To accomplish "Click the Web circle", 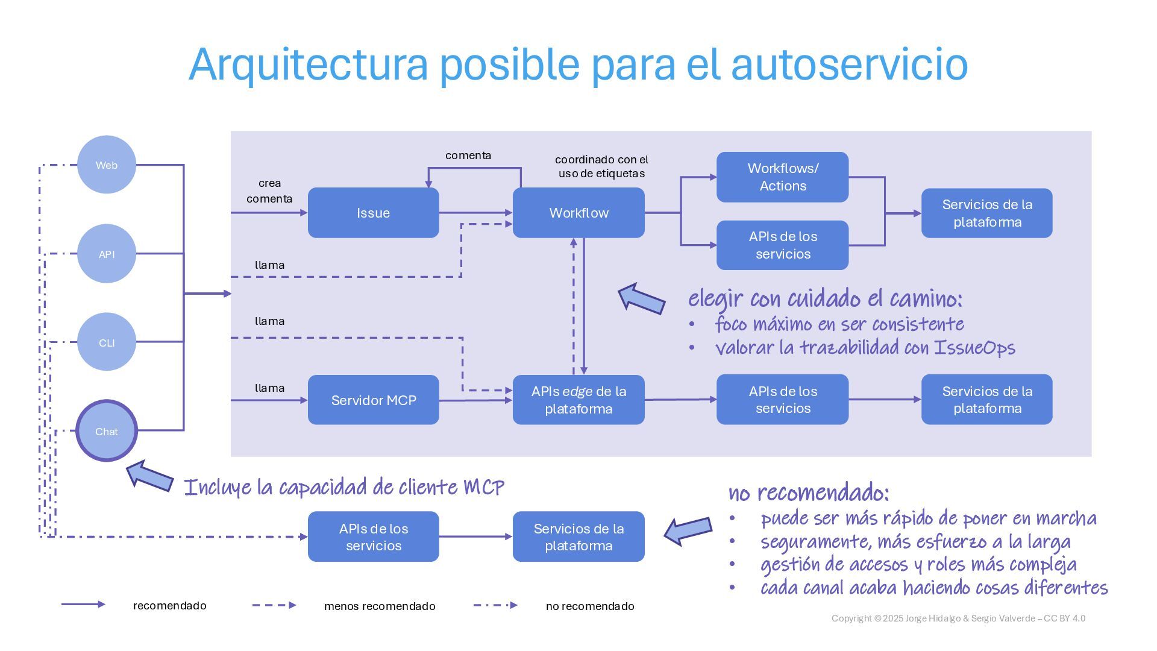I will tap(107, 165).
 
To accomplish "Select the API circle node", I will tap(107, 254).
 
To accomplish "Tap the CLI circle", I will tap(107, 342).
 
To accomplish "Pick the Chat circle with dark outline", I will tap(107, 431).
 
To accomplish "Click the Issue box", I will tap(373, 213).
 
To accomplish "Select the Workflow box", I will tap(578, 213).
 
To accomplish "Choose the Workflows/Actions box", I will tap(782, 177).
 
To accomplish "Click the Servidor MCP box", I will tap(373, 400).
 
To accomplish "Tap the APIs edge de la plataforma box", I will tap(578, 400).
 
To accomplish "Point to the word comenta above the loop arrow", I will tap(468, 156).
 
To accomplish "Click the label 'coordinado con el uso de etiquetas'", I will tap(601, 166).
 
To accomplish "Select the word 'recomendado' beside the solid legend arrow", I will tap(169, 605).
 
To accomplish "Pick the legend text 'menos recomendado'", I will tap(380, 606).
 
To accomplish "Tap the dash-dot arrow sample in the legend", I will tap(495, 605).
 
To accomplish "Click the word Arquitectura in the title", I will tap(308, 64).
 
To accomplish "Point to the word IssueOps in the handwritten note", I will tap(974, 348).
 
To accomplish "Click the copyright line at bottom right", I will tap(958, 618).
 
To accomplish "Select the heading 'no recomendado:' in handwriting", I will tap(809, 493).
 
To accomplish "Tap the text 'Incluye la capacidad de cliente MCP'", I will tap(343, 487).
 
